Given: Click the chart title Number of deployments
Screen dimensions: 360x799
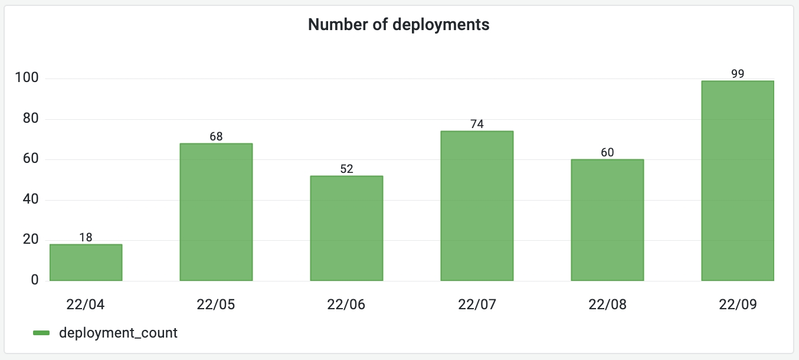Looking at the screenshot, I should click(399, 25).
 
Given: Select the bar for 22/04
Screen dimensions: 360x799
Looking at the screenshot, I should click(86, 263).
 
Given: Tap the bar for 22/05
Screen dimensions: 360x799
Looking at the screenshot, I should click(216, 212).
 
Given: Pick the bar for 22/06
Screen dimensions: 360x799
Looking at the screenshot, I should click(346, 228).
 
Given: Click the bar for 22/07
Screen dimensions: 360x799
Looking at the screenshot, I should click(477, 206).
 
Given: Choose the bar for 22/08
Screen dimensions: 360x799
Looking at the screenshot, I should click(607, 220).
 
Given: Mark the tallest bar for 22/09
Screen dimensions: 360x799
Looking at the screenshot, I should click(738, 181).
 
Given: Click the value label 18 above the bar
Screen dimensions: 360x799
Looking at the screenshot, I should click(86, 237).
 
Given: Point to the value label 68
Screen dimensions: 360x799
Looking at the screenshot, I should click(216, 136).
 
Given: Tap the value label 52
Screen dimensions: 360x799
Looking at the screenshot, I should click(346, 169).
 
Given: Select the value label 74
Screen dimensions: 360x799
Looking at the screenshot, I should click(477, 124).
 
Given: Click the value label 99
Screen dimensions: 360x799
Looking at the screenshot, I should click(738, 74).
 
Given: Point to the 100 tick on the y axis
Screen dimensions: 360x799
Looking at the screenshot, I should click(27, 78).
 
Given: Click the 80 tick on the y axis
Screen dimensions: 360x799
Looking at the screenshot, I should click(30, 119).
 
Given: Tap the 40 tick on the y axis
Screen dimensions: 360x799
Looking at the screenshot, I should click(30, 199).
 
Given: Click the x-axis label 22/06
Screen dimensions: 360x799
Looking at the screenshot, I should click(346, 305).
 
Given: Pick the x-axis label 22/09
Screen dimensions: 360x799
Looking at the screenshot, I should click(738, 305).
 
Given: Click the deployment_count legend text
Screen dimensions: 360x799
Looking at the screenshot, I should click(118, 333).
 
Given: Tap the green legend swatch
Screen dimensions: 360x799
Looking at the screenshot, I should click(41, 333).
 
